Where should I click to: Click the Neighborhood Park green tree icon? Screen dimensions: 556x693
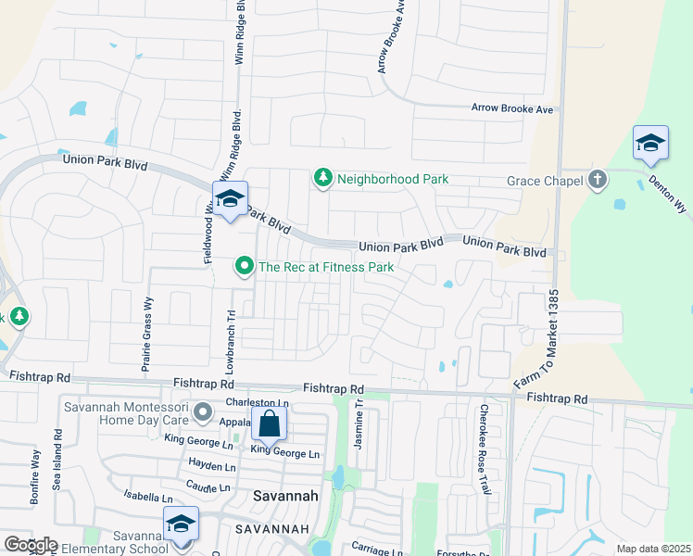coord(322,178)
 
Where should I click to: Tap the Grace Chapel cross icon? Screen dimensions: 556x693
coord(598,180)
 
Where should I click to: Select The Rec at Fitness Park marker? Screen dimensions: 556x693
coord(245,267)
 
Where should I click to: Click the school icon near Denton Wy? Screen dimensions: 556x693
coord(650,143)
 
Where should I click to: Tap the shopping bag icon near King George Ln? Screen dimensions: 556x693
coord(269,424)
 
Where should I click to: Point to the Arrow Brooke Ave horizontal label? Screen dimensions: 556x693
coord(511,108)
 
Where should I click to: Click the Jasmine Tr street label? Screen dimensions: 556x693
coord(359,425)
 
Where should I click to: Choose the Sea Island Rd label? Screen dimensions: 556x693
coord(57,460)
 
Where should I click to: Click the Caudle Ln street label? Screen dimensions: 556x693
coord(208,486)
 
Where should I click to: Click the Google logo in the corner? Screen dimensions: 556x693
coord(30,545)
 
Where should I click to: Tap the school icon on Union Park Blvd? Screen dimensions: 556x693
coord(230,198)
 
